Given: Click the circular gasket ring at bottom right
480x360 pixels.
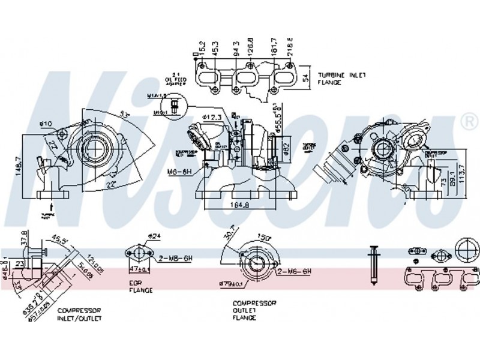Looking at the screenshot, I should (x=468, y=249).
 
